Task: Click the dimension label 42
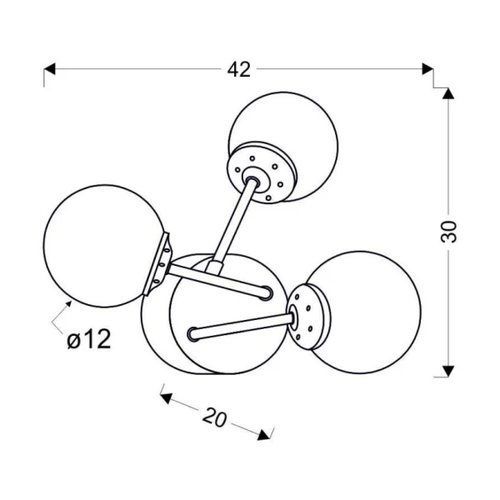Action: coord(239,69)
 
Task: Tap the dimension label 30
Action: coord(448,232)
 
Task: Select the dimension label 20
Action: coord(215,417)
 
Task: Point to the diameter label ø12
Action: coord(89,339)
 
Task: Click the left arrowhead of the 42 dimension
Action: coord(49,68)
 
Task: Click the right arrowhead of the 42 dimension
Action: coord(427,68)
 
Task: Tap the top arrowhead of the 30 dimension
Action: coord(448,93)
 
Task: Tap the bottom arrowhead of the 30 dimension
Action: coord(448,371)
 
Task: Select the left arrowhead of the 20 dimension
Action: coord(166,398)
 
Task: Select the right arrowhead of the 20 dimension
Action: coord(263,435)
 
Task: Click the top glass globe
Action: coord(283,147)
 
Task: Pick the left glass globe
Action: coord(104,246)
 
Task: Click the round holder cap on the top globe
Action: coord(262,172)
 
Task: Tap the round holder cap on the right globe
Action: coord(308,317)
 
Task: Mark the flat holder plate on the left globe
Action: coord(157,264)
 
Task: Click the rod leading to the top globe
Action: coord(232,224)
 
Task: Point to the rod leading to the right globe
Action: coord(242,326)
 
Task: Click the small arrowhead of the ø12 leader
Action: coord(67,304)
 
